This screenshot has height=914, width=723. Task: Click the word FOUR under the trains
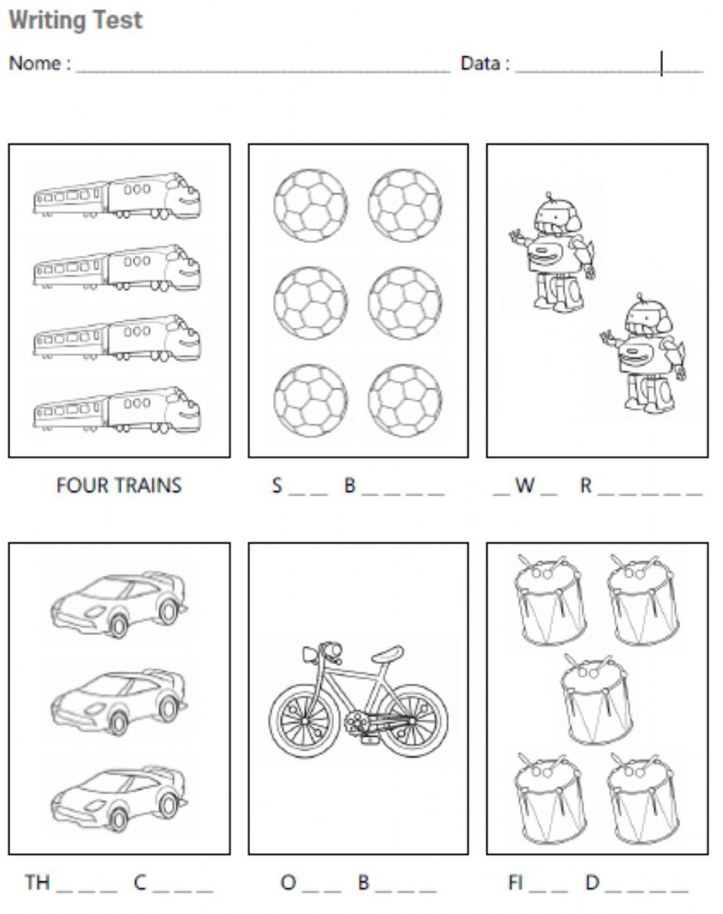pos(82,486)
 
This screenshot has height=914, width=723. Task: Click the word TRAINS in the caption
pos(148,486)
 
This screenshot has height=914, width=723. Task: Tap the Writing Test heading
pos(76,20)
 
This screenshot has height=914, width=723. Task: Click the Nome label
pos(35,64)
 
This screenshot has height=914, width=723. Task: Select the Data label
pos(481,64)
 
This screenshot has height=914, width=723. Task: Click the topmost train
pos(117,196)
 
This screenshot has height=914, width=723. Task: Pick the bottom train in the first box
pos(117,410)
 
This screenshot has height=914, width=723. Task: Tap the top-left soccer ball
pos(311,206)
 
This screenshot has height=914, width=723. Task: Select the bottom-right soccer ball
pos(405,400)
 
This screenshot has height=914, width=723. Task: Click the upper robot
pos(552,251)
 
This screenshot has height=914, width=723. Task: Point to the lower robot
pos(643,353)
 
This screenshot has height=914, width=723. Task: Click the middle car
pos(119,702)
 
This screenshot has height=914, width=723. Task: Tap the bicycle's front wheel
pos(304,721)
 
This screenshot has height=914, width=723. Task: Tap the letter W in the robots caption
pos(525,485)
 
